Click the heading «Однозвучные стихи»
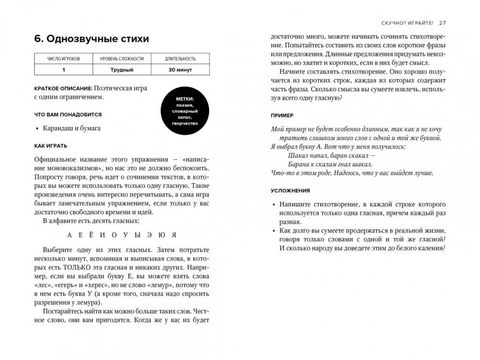click(92, 39)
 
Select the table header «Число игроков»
click(63, 59)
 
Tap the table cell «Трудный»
click(121, 70)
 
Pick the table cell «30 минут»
click(180, 70)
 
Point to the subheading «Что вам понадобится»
click(68, 115)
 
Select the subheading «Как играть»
click(51, 146)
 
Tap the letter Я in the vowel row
click(175, 235)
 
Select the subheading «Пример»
click(282, 116)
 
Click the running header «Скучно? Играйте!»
click(407, 23)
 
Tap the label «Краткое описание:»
click(63, 88)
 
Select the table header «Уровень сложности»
click(121, 59)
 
